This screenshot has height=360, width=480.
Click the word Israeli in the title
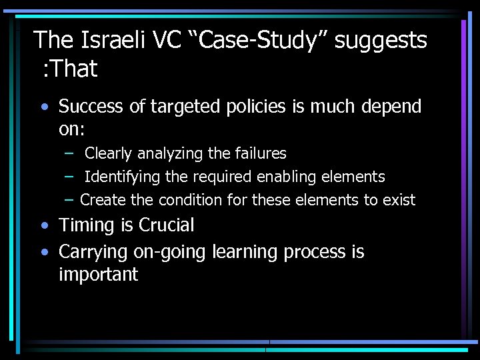pos(113,41)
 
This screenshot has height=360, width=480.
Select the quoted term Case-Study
pos(259,41)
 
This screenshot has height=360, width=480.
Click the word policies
pos(251,107)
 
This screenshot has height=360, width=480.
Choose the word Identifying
pos(123,177)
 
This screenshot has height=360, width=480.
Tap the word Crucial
pos(166,225)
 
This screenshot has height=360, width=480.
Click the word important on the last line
pos(98,275)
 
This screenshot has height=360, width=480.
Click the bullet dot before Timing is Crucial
pos(44,226)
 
